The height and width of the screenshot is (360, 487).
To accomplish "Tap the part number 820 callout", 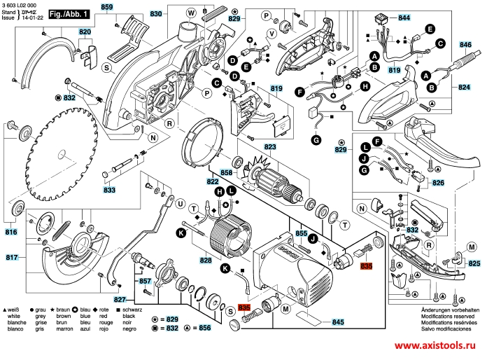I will (x=85, y=33).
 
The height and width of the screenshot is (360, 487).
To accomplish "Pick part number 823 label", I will (x=270, y=147).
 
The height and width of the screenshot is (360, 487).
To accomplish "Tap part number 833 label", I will (x=110, y=191).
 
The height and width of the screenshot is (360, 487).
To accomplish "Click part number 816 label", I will (x=10, y=232).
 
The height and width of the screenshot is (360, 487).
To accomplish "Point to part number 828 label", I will (x=205, y=261).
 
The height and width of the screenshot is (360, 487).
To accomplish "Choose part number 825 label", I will (x=474, y=264).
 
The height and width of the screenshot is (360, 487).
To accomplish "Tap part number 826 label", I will (x=438, y=183).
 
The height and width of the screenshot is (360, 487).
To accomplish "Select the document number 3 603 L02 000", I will (x=21, y=4).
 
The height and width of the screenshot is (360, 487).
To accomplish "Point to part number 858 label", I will (x=226, y=172).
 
